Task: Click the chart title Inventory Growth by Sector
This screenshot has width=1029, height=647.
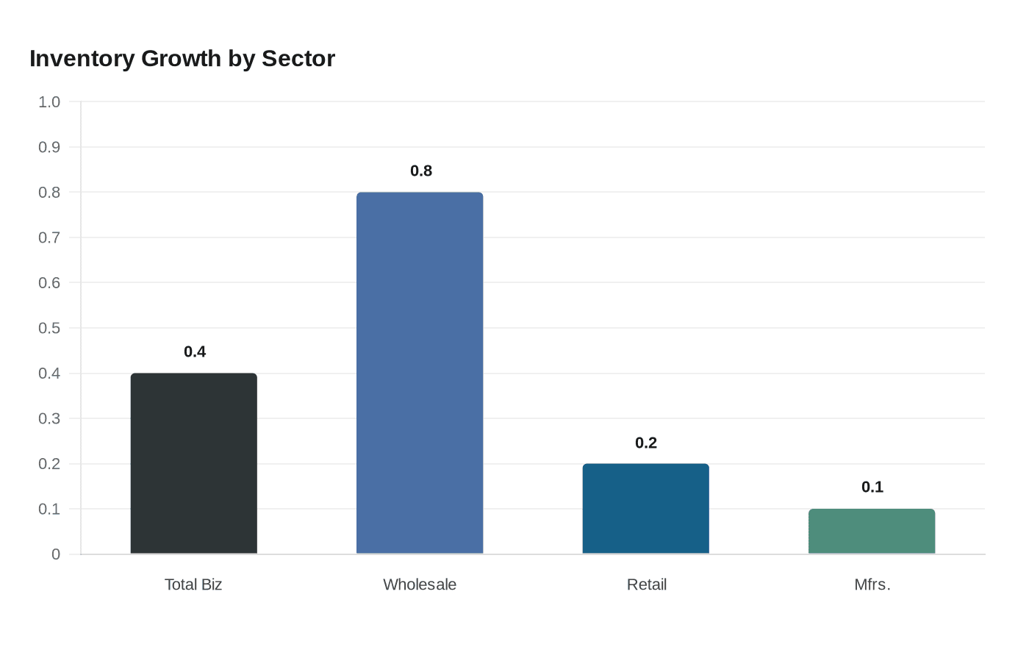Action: click(x=182, y=59)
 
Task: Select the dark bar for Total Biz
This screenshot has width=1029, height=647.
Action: click(x=194, y=463)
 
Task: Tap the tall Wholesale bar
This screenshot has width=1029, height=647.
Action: click(x=420, y=373)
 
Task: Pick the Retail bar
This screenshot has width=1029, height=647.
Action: click(x=646, y=509)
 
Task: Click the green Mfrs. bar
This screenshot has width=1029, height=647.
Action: click(x=872, y=532)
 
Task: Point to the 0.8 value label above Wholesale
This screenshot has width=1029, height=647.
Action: click(x=421, y=171)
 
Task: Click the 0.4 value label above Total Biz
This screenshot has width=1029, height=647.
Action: click(x=195, y=351)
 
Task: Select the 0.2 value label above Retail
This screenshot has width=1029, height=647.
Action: click(x=646, y=443)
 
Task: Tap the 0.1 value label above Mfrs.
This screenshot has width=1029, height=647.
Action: click(x=872, y=487)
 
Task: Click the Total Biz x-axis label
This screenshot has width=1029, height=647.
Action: click(x=193, y=585)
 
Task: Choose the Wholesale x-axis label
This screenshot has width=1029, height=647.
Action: click(x=420, y=585)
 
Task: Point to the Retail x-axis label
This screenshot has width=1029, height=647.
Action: click(x=647, y=585)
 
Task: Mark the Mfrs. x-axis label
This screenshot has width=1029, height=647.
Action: click(x=872, y=585)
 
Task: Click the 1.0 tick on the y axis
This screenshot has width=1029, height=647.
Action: click(x=49, y=102)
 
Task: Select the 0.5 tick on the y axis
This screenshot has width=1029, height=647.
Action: click(x=49, y=328)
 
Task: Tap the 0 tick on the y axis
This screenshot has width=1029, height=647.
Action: click(x=56, y=554)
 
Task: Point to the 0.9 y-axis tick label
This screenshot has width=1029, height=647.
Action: click(x=49, y=147)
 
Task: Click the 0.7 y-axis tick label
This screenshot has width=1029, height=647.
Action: click(x=49, y=237)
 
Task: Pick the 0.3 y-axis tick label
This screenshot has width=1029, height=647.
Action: click(x=49, y=418)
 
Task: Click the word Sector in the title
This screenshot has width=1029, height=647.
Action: click(x=298, y=59)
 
